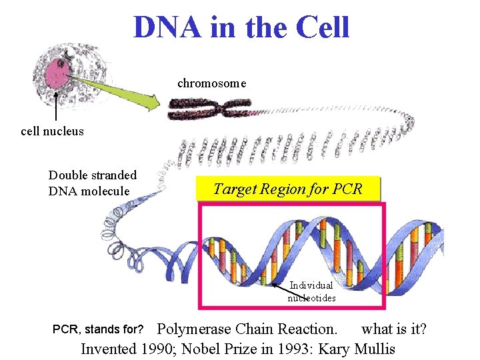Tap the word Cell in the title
tap(321, 27)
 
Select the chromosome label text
tap(211, 83)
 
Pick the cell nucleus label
tap(53, 131)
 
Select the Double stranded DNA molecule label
tap(92, 183)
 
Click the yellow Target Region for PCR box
tap(288, 189)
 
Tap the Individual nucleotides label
tap(311, 291)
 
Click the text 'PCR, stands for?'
tap(98, 329)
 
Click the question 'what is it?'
tap(394, 329)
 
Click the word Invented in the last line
tap(109, 348)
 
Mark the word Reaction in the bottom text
tap(308, 329)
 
